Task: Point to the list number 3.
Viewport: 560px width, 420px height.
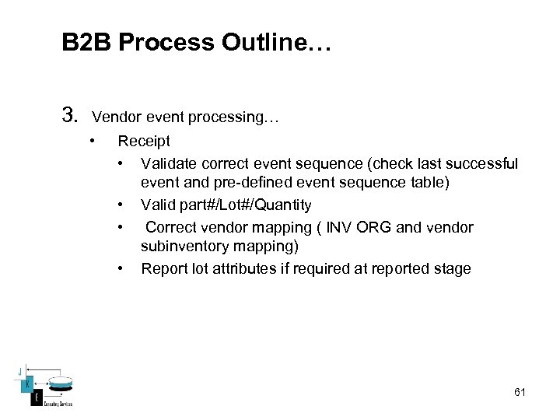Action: [x=70, y=117]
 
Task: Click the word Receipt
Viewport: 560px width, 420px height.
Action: [x=143, y=142]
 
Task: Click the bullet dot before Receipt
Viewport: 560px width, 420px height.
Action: [x=92, y=142]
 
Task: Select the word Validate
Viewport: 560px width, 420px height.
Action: [x=168, y=163]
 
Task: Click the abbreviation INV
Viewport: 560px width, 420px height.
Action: [x=340, y=228]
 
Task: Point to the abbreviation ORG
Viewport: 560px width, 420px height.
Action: [x=377, y=228]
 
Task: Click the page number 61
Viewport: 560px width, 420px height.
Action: [x=520, y=392]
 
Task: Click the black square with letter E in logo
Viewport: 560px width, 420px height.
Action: [x=35, y=398]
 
